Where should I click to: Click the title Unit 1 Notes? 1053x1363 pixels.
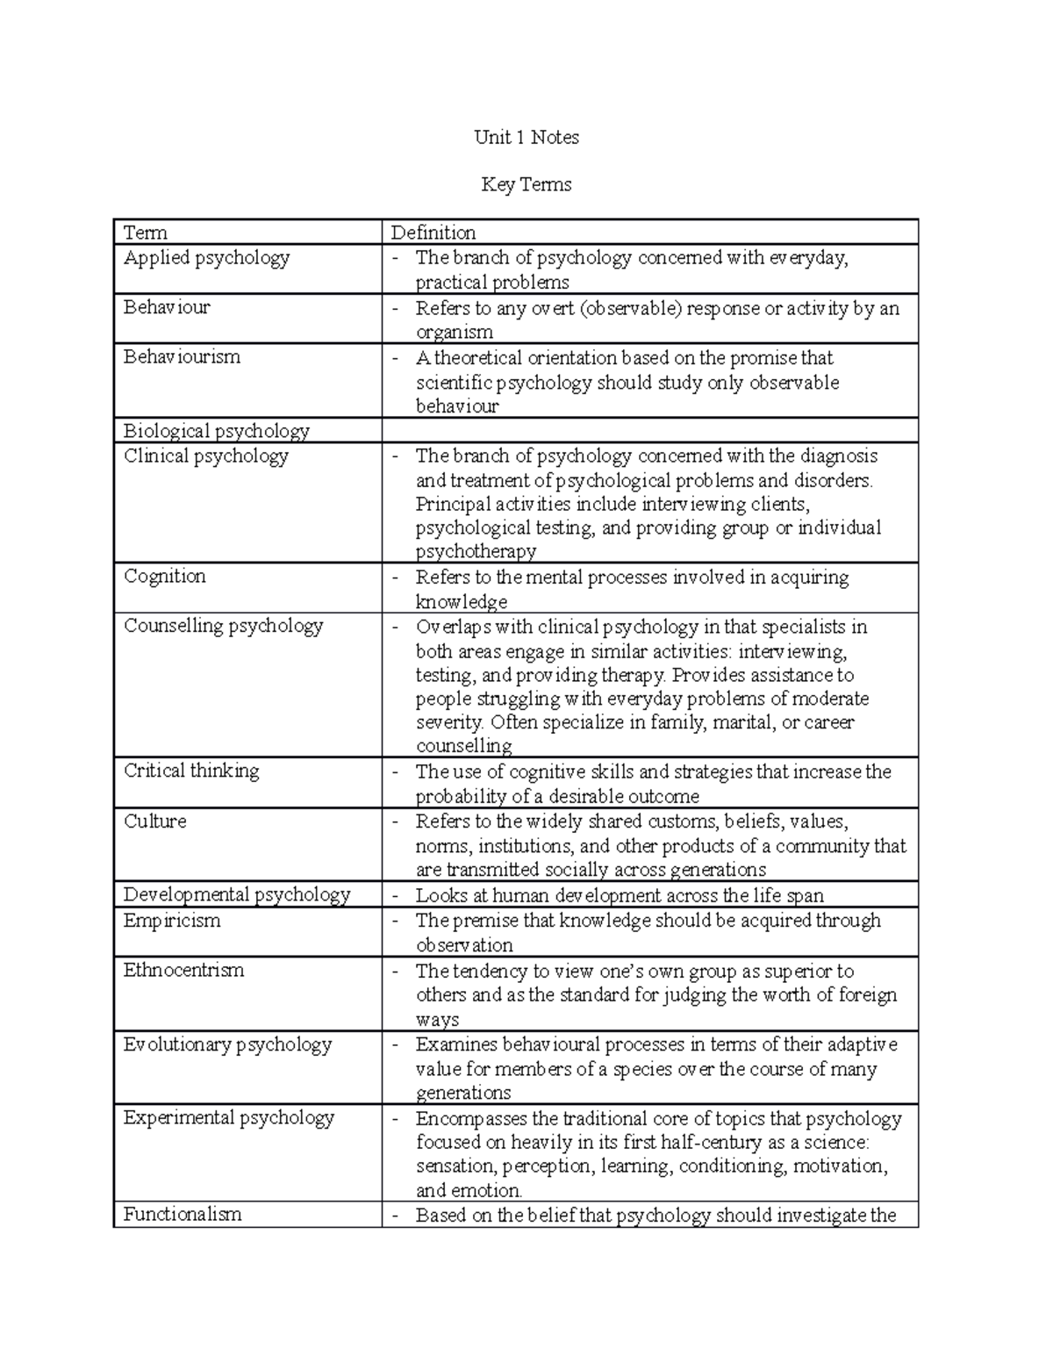[x=526, y=137]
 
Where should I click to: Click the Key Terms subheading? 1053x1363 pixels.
[x=526, y=184]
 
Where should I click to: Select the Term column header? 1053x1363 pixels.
[x=146, y=233]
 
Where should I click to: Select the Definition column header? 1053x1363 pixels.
[x=433, y=233]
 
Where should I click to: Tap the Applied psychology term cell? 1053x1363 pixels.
[x=206, y=258]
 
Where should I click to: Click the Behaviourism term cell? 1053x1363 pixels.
[x=182, y=357]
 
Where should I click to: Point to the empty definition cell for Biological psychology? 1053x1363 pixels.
[x=649, y=431]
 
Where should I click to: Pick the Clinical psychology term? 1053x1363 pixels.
[x=205, y=456]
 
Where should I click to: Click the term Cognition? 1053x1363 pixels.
[x=165, y=577]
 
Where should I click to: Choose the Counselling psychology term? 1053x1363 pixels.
[x=223, y=626]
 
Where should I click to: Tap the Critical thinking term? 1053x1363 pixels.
[x=191, y=771]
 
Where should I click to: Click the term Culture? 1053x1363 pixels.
[x=154, y=821]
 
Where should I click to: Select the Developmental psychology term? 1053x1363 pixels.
[x=237, y=895]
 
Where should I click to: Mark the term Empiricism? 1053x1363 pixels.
[x=172, y=921]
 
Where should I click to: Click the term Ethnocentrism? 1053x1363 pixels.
[x=183, y=971]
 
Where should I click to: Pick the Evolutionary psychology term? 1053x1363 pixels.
[x=227, y=1044]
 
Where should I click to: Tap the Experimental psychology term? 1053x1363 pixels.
[x=228, y=1118]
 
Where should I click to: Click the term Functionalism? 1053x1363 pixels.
[x=182, y=1215]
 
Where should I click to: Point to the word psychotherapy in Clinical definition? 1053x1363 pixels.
[x=476, y=552]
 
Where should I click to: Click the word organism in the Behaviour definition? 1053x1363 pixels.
[x=454, y=333]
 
